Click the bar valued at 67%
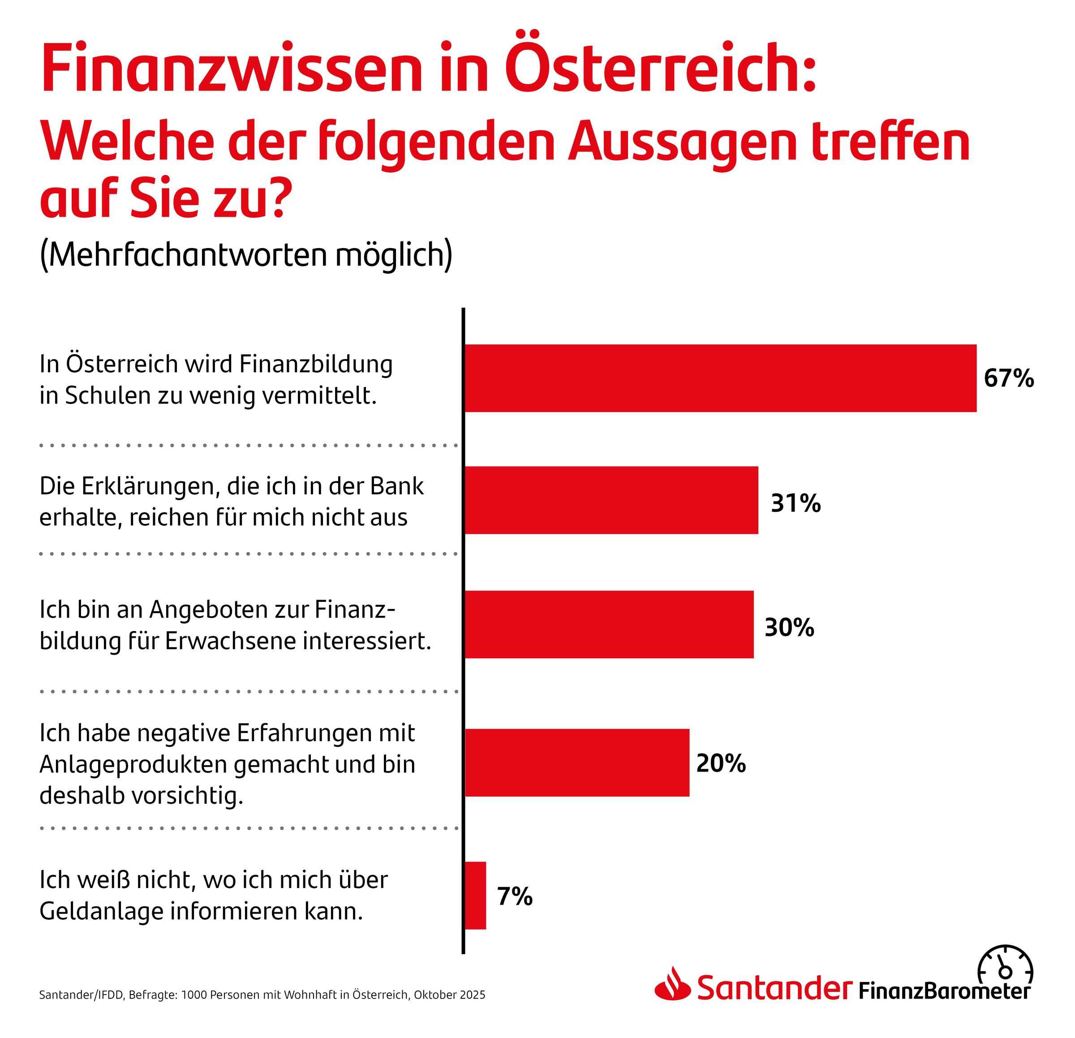point(720,378)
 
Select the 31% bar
point(611,500)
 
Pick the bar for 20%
point(577,762)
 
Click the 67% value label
point(1009,378)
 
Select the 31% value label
point(795,503)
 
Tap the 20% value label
point(721,763)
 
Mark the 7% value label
point(515,896)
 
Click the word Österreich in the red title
point(660,70)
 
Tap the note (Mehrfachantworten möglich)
point(246,254)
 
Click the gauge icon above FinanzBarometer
point(1005,968)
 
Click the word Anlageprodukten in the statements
point(133,764)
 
